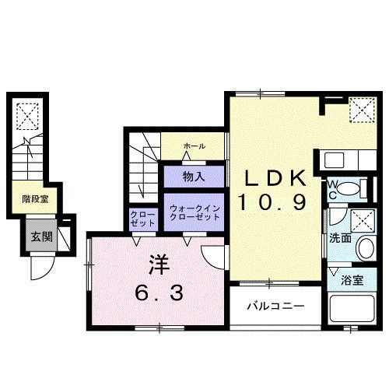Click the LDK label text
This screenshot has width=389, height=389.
(x=273, y=178)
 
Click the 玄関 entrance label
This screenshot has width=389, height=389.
(x=41, y=237)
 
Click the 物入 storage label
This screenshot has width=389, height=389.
(x=194, y=177)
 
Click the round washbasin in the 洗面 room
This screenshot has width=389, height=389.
(x=366, y=250)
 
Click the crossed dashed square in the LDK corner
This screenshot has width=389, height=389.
(x=360, y=109)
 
